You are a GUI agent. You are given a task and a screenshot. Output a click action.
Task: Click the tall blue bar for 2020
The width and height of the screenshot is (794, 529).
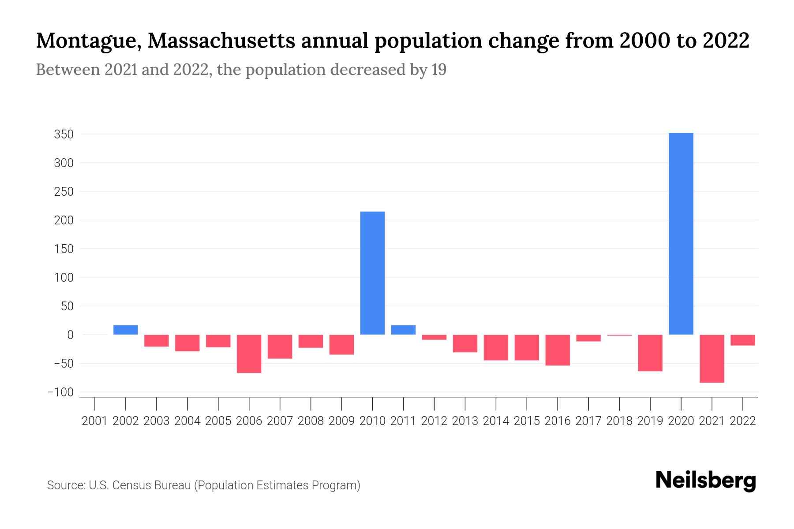681,234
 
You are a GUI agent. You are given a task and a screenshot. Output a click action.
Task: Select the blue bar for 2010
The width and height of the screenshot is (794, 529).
372,273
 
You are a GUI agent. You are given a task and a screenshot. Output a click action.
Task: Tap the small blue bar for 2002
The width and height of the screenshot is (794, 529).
126,330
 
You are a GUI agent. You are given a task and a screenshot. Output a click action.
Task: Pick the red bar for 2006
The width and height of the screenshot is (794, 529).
249,354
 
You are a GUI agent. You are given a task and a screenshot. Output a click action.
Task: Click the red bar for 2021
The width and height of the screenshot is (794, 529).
712,358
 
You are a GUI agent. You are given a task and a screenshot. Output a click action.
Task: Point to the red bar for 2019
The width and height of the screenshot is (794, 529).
650,353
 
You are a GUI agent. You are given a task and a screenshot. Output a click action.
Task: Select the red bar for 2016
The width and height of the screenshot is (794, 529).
558,350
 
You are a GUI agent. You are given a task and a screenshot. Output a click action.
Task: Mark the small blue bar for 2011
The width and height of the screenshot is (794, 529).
403,330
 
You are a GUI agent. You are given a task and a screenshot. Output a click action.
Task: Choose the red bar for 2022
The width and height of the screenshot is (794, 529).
742,340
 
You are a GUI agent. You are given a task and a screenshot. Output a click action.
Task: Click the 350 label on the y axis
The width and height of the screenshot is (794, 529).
64,134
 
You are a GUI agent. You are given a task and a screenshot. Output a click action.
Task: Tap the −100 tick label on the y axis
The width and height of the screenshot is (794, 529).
60,392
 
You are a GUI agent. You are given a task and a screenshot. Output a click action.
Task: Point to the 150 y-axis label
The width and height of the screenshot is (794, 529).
64,249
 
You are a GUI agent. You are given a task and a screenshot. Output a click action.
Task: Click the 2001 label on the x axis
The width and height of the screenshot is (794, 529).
95,421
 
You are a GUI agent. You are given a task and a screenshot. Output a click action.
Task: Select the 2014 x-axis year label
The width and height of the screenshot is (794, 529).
496,421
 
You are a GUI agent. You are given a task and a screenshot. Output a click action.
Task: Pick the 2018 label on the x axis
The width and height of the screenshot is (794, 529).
619,421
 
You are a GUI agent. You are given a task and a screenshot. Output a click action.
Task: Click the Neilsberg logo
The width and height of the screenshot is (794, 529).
706,481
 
